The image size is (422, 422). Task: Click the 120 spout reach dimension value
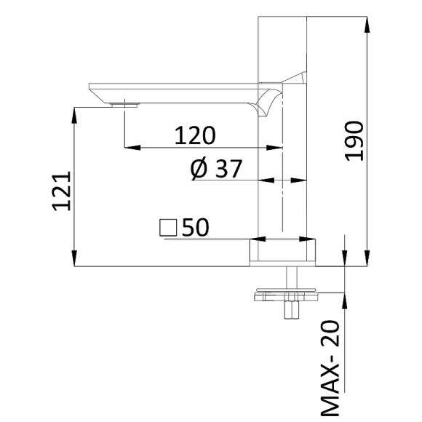pos(195,135)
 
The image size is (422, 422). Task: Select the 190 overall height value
pos(354,142)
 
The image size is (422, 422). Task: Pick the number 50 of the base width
pos(196,228)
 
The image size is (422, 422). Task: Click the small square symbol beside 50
pos(168,228)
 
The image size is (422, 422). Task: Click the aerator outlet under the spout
pos(124,104)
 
